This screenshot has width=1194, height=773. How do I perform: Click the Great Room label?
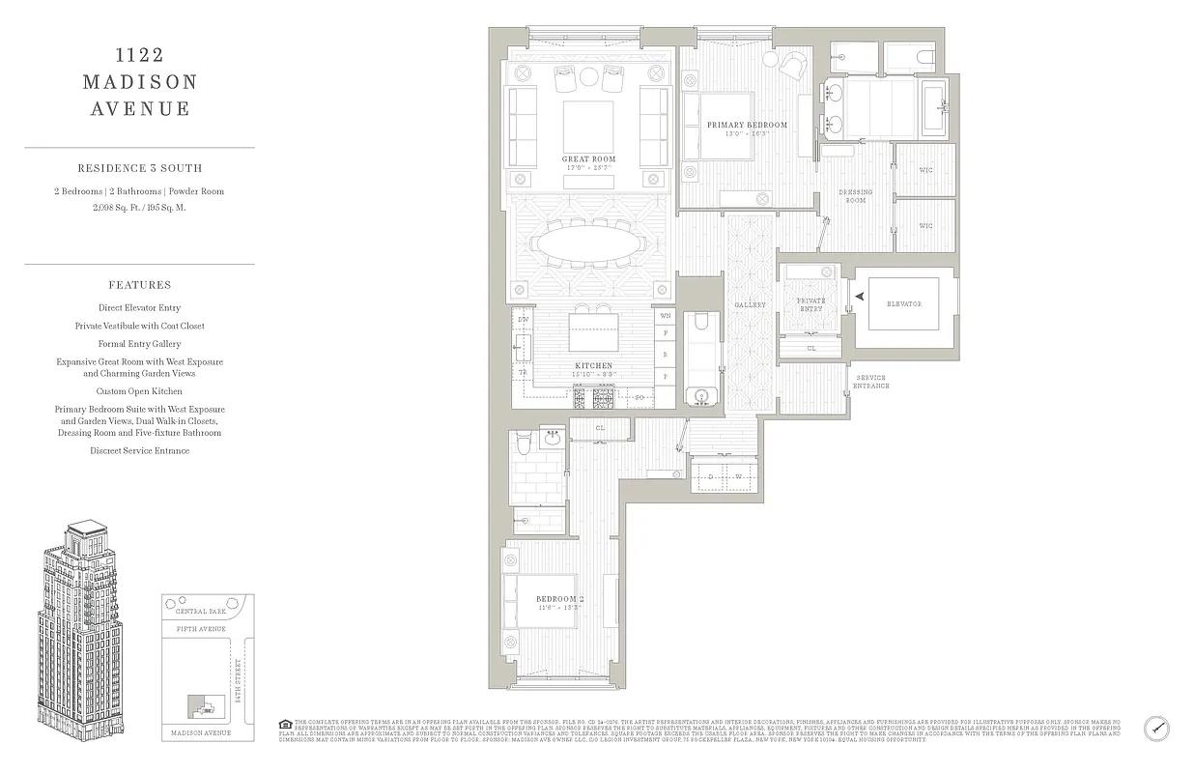(x=588, y=159)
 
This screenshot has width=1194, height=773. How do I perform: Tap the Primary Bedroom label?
(x=747, y=125)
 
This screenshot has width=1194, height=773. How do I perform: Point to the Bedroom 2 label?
(x=558, y=599)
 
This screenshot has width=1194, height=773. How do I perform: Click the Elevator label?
(x=904, y=304)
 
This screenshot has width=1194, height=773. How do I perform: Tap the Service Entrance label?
(x=870, y=382)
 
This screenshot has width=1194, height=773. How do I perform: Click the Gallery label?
(x=750, y=305)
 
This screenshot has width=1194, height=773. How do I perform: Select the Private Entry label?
(x=810, y=303)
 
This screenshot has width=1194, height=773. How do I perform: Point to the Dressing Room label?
(x=855, y=195)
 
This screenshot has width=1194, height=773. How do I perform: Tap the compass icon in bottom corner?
(x=1157, y=728)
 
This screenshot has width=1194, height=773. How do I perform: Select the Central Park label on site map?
(x=200, y=612)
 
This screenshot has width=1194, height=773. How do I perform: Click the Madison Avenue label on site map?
(x=201, y=733)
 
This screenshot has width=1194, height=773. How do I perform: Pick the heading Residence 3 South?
(x=139, y=168)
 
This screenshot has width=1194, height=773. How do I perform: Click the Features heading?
(x=140, y=285)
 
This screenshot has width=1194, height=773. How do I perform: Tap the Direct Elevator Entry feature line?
(x=139, y=308)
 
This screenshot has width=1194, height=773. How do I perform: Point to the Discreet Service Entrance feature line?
(x=139, y=450)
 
